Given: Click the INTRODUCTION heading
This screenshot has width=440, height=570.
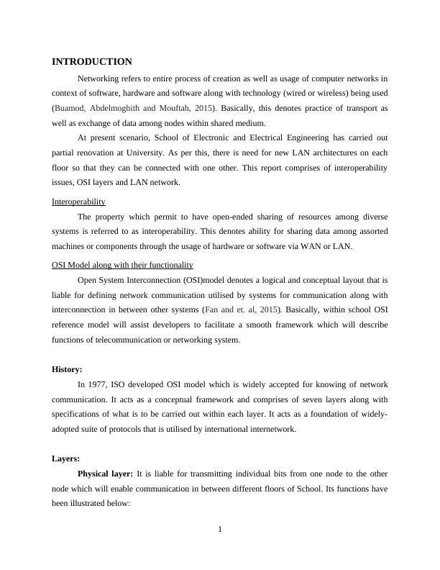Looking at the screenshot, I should pos(92,62).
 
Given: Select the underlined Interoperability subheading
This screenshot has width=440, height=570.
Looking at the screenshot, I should pos(79,202).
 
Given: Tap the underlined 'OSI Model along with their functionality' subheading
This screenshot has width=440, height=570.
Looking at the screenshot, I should pos(122,265).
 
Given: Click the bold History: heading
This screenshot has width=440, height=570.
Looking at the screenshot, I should pos(67,369).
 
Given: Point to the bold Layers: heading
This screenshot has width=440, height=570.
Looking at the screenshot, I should pos(66,458).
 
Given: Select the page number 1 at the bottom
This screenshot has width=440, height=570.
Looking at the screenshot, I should pos(220,530).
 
